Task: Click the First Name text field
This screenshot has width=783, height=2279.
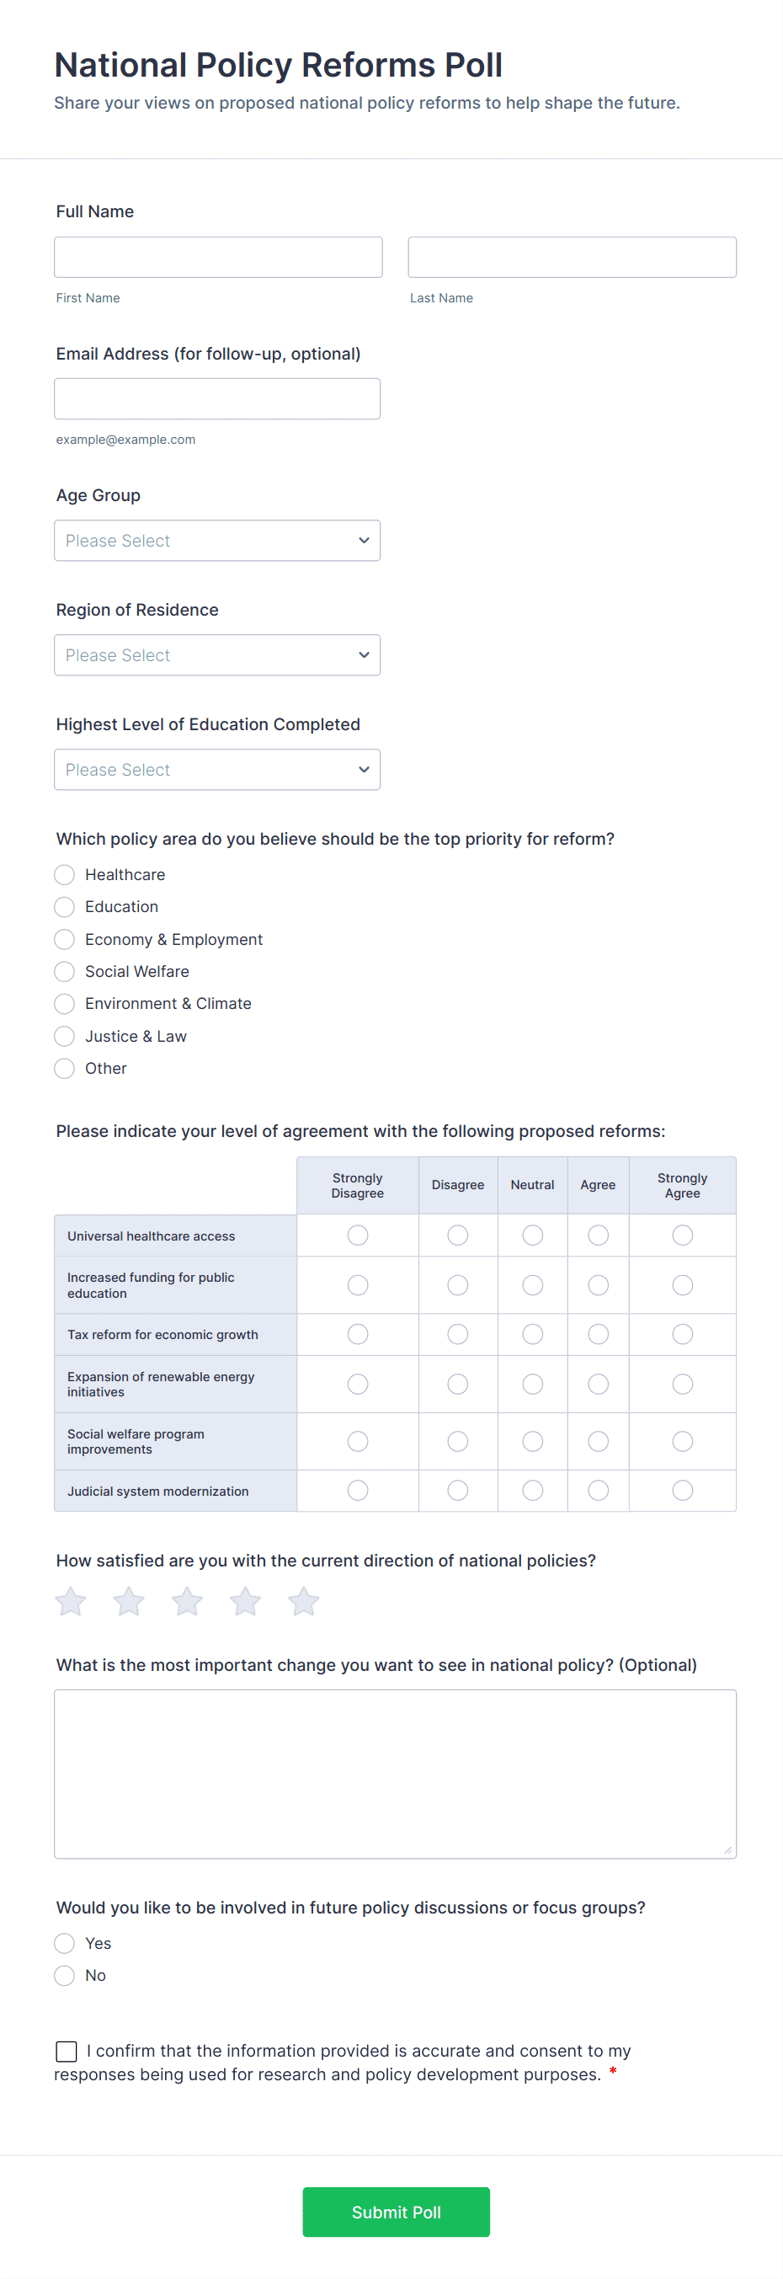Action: [x=218, y=257]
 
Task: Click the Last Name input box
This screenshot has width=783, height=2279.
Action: [x=572, y=257]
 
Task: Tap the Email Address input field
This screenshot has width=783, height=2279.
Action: [x=216, y=398]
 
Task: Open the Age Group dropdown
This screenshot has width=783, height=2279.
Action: [x=216, y=540]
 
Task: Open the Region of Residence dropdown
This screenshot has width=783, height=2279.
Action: [x=216, y=654]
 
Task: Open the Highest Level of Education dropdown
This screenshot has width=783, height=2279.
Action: [x=216, y=769]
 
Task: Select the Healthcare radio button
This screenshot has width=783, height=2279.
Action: [x=65, y=874]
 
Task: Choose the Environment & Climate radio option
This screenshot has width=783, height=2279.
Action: [x=65, y=1003]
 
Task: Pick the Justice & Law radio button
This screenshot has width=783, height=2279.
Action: [x=65, y=1036]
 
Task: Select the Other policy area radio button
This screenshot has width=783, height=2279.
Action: [x=65, y=1068]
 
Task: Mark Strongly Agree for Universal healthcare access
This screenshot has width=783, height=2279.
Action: [x=682, y=1235]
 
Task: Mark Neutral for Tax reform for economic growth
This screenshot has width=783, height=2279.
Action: [x=533, y=1333]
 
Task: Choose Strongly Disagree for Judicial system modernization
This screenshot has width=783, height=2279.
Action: [x=358, y=1490]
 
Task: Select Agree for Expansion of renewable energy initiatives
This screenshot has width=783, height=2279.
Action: [x=598, y=1384]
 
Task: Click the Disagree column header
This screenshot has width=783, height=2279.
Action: [x=457, y=1185]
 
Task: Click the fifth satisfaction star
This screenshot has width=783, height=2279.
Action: [x=303, y=1601]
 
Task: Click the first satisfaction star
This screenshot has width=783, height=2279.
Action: [x=71, y=1601]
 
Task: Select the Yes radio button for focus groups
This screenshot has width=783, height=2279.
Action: [x=65, y=1943]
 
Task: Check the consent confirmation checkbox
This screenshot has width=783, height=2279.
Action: [x=67, y=2051]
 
